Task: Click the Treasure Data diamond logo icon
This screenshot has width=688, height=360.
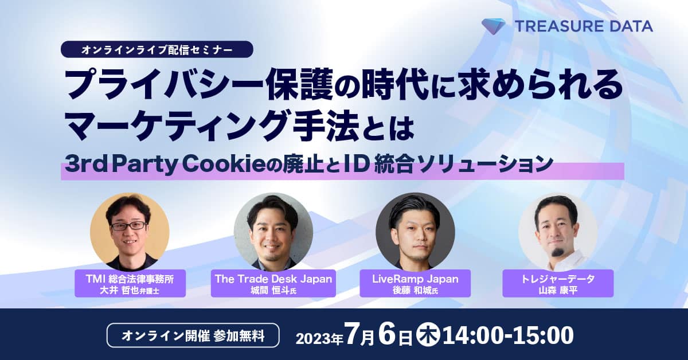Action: [x=493, y=26]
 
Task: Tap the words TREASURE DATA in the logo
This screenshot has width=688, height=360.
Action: [x=584, y=26]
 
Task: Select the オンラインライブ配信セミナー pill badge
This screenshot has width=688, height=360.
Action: [x=157, y=49]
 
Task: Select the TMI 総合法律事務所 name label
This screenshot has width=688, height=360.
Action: [x=130, y=283]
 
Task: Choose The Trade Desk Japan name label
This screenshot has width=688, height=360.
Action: [x=273, y=283]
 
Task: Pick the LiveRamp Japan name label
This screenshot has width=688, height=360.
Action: [x=415, y=283]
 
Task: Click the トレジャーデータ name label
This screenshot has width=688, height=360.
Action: [x=558, y=283]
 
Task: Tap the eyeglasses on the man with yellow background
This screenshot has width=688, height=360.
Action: [x=128, y=226]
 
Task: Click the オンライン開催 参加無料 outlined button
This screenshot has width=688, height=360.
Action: [x=193, y=335]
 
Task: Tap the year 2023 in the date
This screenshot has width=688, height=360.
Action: [x=313, y=338]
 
